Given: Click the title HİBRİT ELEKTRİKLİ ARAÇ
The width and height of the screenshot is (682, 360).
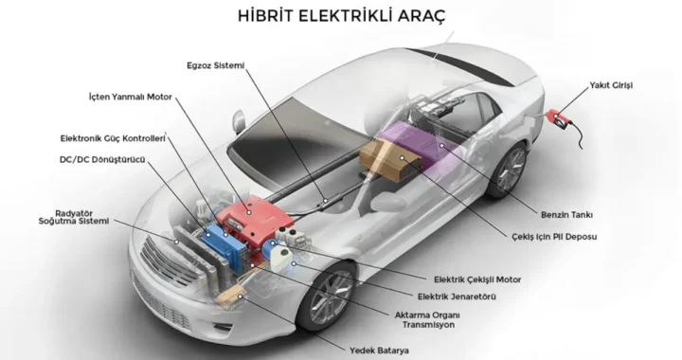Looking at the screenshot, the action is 341,16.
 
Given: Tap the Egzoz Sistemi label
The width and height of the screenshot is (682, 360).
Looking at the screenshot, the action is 216,65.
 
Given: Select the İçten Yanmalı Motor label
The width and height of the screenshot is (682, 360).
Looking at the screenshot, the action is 131,97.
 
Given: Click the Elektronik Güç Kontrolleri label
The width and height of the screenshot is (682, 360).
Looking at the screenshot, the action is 113,138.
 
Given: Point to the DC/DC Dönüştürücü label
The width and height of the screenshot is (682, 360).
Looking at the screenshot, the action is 102,159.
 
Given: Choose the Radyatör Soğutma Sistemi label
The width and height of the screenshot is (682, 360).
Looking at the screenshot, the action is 74,217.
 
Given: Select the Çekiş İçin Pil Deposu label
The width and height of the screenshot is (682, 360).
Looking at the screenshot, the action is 554,237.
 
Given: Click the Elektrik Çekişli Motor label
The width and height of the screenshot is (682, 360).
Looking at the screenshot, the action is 477,279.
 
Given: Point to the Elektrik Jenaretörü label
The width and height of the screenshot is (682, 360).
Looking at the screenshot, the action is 457,297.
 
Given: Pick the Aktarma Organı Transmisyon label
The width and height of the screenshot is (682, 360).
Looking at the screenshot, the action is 427,320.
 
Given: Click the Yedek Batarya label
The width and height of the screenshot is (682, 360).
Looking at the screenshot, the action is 379,351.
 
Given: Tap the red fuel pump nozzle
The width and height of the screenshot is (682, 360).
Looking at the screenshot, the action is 560,118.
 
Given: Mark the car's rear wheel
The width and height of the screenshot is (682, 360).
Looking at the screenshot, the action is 509,169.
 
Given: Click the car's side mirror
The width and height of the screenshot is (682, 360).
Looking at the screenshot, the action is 239,121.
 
